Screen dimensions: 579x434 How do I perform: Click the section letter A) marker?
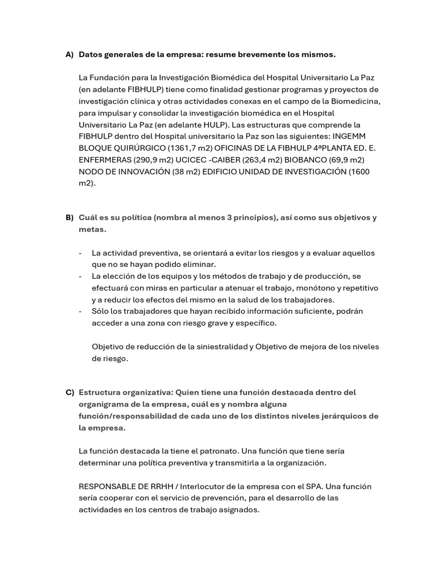pyautogui.click(x=70, y=55)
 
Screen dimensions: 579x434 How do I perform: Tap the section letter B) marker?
pyautogui.click(x=70, y=218)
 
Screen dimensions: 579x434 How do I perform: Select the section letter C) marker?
pyautogui.click(x=70, y=392)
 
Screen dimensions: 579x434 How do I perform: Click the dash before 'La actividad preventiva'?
pyautogui.click(x=81, y=253)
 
